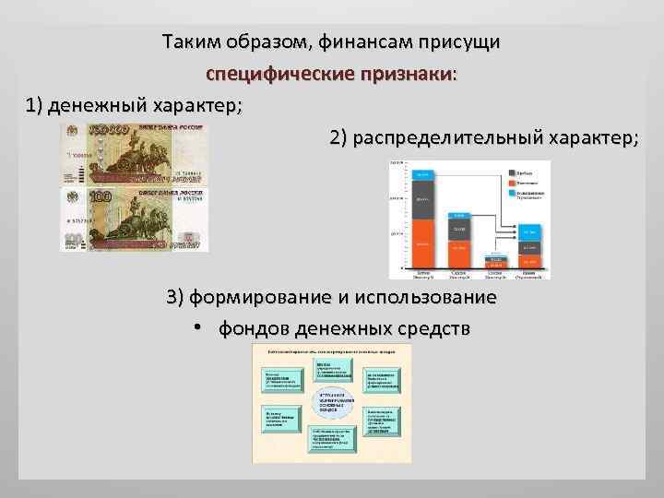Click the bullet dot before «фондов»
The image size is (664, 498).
point(198,329)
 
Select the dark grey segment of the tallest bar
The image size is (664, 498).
point(423,198)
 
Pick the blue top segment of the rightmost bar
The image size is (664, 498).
point(528,231)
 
